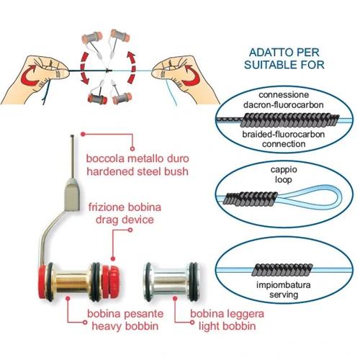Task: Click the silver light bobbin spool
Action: pos(171,282)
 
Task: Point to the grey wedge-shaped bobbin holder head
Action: pos(72,194)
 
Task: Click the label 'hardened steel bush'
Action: pos(138,171)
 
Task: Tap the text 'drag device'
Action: pos(125,220)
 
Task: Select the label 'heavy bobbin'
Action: pos(125,326)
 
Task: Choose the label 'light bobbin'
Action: pos(227,326)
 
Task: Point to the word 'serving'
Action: pos(284,294)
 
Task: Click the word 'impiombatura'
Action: pos(284,285)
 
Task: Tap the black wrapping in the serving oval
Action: pos(283,270)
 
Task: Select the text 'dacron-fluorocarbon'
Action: pos(284,105)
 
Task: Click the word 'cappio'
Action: pos(284,170)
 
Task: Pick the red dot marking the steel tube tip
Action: pos(83,134)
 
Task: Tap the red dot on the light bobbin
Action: pos(175,298)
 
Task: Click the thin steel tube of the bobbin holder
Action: pos(72,156)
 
